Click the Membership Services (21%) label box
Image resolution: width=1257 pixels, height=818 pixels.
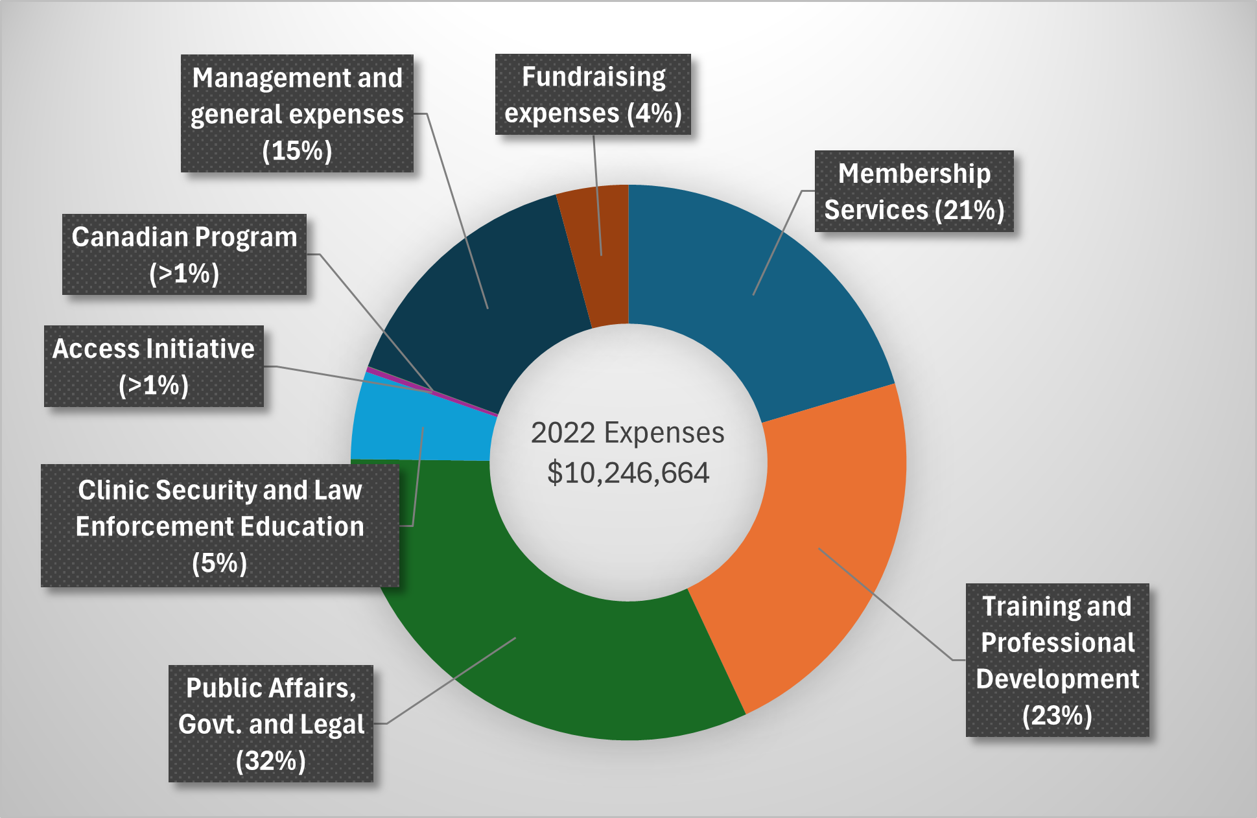tap(914, 191)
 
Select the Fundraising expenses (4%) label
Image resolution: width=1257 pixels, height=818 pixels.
tap(593, 95)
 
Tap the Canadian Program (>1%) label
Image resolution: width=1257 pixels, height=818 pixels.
tap(184, 254)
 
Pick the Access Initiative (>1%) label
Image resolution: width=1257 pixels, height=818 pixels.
tap(154, 366)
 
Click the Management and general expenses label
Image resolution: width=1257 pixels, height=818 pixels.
tap(297, 113)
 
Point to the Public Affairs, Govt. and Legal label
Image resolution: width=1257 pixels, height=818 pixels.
tap(271, 723)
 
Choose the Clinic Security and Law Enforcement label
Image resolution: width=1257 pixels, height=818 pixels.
tap(220, 526)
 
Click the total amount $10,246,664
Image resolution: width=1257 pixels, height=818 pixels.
tap(628, 473)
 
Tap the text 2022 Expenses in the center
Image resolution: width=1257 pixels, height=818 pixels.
tap(628, 433)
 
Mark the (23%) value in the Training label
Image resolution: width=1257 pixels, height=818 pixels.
tap(1057, 716)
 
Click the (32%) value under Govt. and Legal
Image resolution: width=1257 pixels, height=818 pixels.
tap(271, 760)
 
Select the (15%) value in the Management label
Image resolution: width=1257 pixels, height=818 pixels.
tap(297, 150)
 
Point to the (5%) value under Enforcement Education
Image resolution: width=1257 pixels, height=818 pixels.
tap(220, 563)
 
